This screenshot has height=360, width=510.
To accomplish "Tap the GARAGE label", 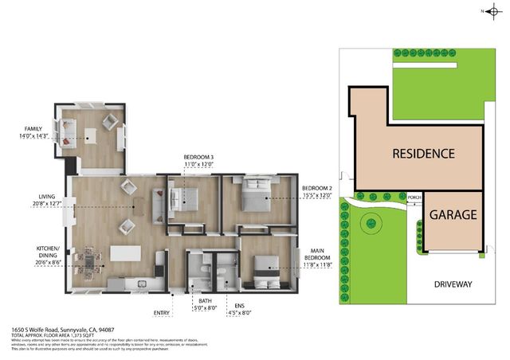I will point(453,215).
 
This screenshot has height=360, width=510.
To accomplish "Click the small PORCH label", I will point(414,198).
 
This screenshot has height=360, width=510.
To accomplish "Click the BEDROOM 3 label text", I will point(198,161).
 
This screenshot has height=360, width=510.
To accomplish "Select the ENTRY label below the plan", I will point(162,313).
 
